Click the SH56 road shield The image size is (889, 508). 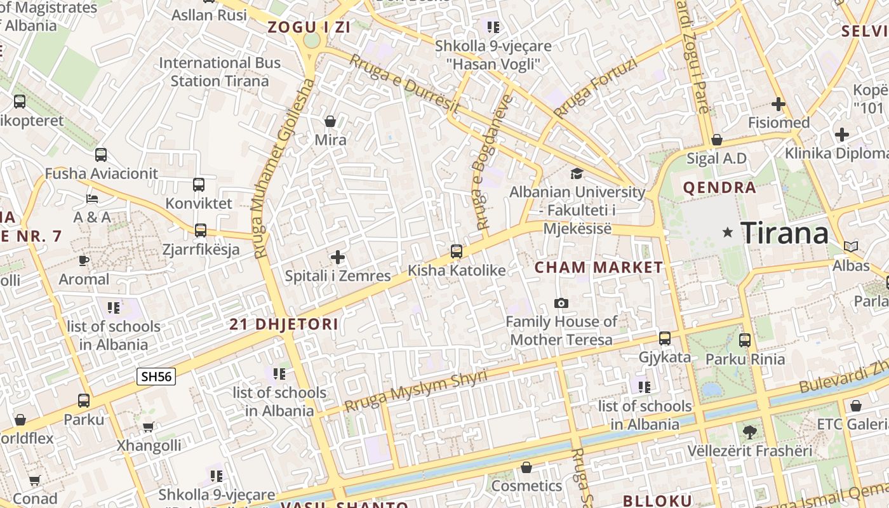[156, 377]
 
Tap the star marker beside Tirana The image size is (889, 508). [728, 233]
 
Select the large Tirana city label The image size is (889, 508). [785, 233]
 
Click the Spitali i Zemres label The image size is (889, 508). [338, 276]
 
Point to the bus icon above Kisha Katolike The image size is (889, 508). [456, 251]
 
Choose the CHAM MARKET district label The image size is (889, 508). [599, 267]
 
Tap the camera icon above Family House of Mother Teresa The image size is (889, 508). [561, 303]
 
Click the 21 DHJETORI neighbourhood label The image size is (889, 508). [284, 324]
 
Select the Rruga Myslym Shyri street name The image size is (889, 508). [416, 391]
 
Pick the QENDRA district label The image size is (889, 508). [719, 187]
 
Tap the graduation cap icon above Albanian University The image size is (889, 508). [577, 173]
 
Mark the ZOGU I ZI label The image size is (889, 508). [309, 27]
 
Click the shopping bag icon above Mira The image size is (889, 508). [330, 121]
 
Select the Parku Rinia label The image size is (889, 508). [745, 359]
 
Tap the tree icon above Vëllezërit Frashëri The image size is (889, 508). [749, 432]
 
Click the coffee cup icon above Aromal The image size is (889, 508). [83, 260]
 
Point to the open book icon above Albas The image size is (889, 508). [850, 246]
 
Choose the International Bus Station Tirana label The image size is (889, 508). [220, 72]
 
